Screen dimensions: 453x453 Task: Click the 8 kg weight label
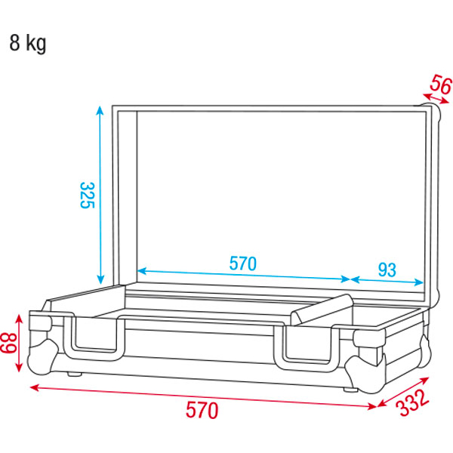[28, 43]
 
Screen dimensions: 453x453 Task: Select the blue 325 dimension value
[87, 196]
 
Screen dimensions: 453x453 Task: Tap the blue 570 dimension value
[242, 263]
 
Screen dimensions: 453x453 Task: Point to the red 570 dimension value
[202, 410]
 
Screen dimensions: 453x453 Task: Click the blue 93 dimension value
[387, 270]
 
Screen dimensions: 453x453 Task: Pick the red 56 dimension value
[441, 85]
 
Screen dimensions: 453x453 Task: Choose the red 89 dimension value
[8, 343]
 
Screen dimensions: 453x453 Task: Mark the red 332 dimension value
[412, 402]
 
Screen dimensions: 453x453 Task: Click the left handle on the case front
[94, 338]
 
